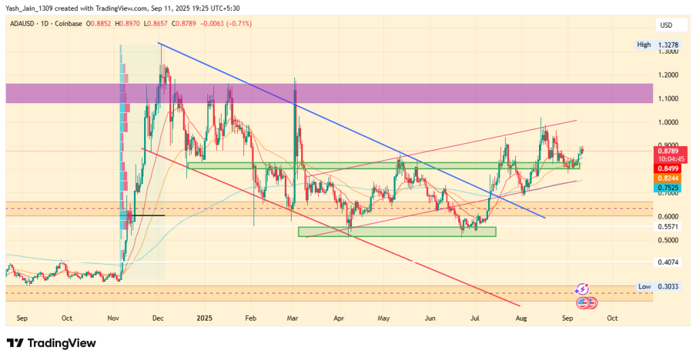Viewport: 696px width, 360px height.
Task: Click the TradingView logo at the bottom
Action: tap(51, 343)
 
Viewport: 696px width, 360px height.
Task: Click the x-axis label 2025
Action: tap(205, 317)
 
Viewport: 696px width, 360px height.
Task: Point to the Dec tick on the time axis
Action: tap(158, 317)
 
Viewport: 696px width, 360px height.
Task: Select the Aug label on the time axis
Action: tap(521, 317)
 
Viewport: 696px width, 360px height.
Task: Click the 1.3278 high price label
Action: tap(668, 44)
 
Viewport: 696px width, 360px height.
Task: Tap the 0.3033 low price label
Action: tap(668, 287)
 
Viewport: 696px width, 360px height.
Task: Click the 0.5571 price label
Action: tap(668, 227)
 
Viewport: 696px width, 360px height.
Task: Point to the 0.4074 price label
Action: tap(668, 262)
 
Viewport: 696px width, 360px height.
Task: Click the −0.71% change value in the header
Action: tap(241, 24)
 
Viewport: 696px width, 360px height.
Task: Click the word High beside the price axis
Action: tap(644, 44)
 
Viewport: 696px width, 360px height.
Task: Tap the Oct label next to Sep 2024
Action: tap(67, 317)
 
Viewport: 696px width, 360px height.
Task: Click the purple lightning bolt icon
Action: tap(582, 289)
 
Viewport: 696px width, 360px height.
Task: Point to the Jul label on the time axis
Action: tap(476, 317)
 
